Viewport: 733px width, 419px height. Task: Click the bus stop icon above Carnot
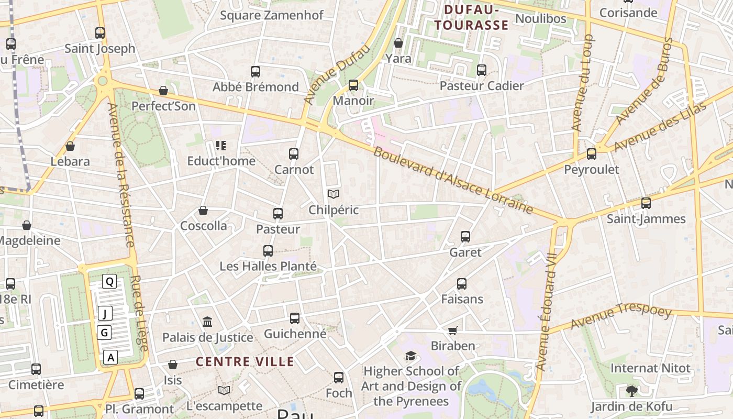tap(294, 154)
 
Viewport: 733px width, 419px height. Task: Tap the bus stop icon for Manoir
tap(353, 85)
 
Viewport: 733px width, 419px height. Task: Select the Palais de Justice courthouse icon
tap(207, 322)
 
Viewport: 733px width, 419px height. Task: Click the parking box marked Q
tap(109, 282)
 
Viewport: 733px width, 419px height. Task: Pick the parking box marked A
tap(110, 358)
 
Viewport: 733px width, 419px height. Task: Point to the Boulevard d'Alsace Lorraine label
tap(453, 181)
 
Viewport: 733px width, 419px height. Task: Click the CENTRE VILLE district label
tap(245, 361)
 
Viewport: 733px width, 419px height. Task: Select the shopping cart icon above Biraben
tap(453, 330)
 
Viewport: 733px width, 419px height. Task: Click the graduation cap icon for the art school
tap(411, 356)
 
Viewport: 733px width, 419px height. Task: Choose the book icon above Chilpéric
tap(334, 194)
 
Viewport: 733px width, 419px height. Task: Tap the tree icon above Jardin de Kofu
tap(632, 391)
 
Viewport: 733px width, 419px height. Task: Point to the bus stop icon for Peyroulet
tap(592, 154)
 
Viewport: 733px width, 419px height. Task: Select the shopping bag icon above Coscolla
tap(203, 211)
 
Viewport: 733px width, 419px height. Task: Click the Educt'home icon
tap(221, 146)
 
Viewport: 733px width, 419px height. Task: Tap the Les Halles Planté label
tap(268, 267)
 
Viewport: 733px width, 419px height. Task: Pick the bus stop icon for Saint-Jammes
tap(646, 203)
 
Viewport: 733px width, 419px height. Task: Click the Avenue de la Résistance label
tap(121, 175)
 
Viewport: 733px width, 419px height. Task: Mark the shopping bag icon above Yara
tap(398, 43)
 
